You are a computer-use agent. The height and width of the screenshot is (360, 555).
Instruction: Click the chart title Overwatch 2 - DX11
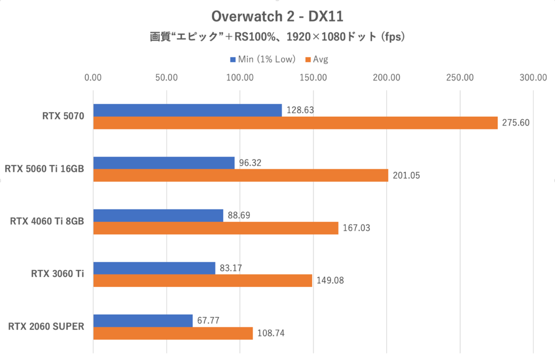click(x=277, y=17)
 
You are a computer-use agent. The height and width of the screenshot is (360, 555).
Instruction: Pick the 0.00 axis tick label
click(x=93, y=78)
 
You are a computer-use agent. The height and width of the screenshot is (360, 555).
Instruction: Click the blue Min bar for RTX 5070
click(x=187, y=110)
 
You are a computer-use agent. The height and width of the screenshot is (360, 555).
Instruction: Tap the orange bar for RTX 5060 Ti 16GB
click(x=240, y=176)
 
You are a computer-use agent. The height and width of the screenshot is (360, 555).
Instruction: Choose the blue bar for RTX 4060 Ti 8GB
click(x=158, y=215)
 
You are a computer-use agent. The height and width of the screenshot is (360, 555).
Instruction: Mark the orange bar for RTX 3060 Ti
click(x=203, y=281)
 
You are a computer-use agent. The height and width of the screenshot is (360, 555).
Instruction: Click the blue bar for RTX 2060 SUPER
click(x=143, y=321)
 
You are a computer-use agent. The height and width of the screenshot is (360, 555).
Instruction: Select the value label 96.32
click(x=251, y=163)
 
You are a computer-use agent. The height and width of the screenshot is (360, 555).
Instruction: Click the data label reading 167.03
click(x=356, y=228)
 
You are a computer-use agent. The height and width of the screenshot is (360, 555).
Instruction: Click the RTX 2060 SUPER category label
click(x=46, y=327)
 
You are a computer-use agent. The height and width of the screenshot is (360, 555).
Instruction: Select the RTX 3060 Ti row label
click(x=57, y=274)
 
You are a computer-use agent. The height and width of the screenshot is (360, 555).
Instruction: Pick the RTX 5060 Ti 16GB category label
click(x=44, y=169)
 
